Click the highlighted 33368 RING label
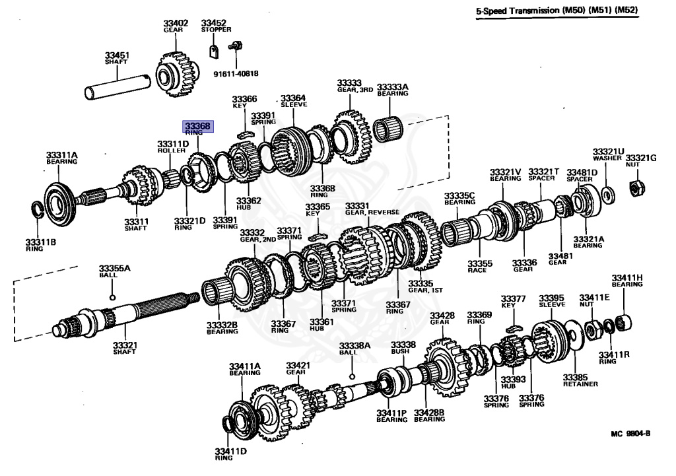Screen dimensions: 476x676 tap(198, 127)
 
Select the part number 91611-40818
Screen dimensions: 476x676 tap(236, 73)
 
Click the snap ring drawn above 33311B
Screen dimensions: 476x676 tap(42, 211)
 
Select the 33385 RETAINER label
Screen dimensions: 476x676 tap(580, 380)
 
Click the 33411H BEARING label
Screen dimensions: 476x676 tap(626, 281)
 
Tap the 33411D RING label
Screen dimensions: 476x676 tap(230, 454)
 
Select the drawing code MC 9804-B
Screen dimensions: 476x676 tap(630, 433)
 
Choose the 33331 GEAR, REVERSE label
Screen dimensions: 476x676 tap(368, 209)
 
